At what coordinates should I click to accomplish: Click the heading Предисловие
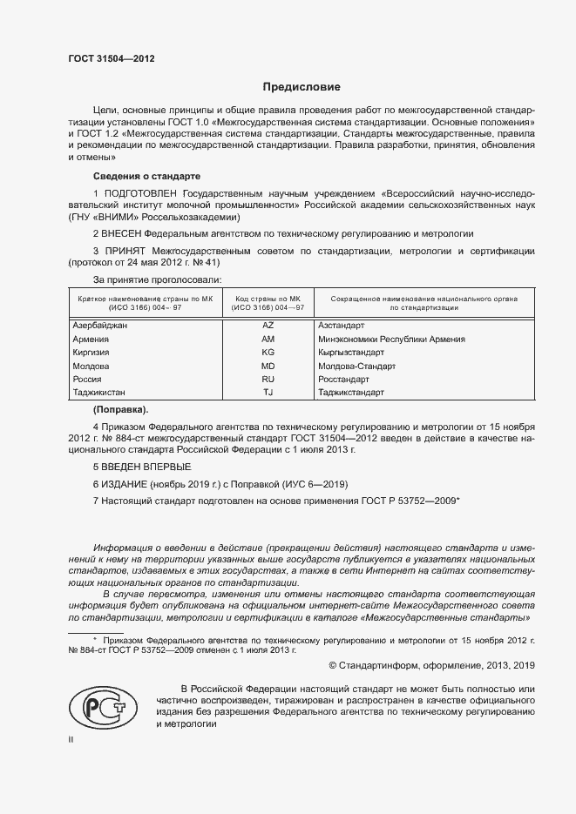[x=302, y=88]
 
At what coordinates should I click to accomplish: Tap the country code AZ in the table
[x=268, y=325]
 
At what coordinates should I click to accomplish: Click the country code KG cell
[x=268, y=353]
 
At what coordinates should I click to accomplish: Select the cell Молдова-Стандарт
[x=357, y=367]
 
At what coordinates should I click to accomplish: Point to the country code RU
[x=268, y=380]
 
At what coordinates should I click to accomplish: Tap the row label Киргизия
[x=91, y=353]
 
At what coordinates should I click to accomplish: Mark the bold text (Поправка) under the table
[x=121, y=409]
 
